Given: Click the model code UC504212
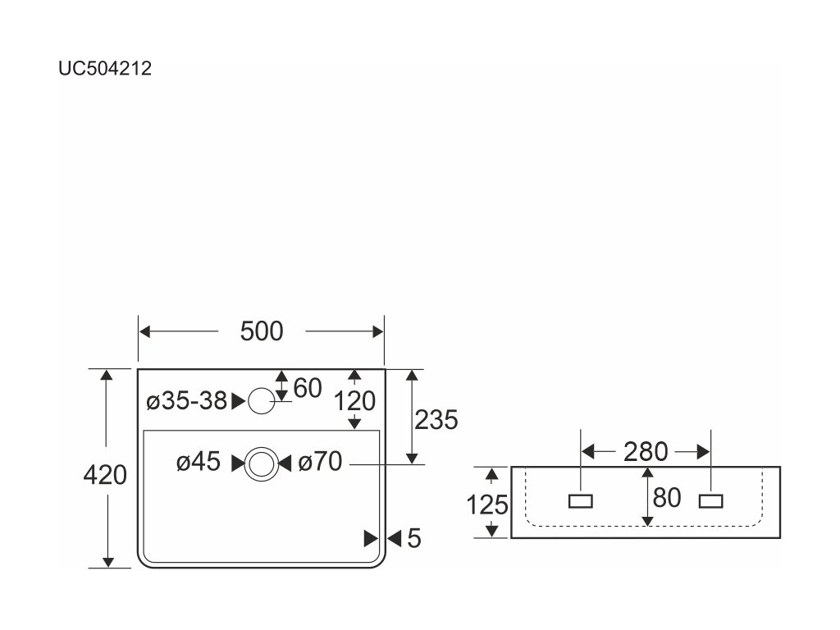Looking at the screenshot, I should click(104, 70).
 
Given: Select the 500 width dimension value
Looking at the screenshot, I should click(262, 331).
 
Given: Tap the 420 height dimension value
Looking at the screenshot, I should click(106, 475).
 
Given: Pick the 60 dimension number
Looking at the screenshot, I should click(307, 389).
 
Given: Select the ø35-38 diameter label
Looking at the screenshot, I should click(186, 401).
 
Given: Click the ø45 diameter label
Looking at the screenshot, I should click(199, 463).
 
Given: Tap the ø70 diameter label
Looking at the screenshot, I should click(320, 463).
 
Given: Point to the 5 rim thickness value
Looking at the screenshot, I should click(413, 538).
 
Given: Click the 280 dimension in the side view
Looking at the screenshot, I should click(646, 451).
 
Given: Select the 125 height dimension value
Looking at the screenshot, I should click(488, 504).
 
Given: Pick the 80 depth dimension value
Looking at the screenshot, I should click(667, 498).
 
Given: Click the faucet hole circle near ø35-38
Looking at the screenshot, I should click(262, 400).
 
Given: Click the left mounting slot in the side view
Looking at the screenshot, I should click(582, 500).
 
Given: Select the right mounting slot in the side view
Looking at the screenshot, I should click(710, 500).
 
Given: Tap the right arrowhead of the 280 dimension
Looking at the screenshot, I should click(703, 451).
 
